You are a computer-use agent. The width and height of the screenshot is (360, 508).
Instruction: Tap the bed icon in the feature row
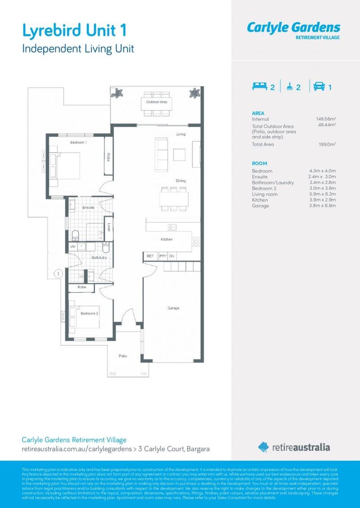(259, 87)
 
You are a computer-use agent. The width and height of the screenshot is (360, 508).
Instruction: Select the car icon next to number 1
(319, 87)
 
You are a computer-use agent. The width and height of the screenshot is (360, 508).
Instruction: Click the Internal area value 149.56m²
(326, 119)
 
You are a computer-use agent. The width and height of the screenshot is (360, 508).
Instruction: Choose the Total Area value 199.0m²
(327, 144)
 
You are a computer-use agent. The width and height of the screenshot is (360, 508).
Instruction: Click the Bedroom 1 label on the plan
(79, 142)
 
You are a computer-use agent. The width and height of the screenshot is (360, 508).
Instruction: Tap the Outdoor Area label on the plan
(156, 102)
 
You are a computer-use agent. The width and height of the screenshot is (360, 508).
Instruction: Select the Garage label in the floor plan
(173, 308)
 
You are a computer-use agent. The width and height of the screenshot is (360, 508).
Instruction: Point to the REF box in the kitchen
(150, 256)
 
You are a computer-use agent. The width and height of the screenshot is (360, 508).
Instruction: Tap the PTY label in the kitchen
(162, 256)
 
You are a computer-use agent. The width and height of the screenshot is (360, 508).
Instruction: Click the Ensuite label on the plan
(88, 207)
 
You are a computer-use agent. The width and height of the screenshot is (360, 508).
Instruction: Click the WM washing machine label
(73, 246)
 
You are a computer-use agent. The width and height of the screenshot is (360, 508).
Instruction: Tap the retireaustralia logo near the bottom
(294, 447)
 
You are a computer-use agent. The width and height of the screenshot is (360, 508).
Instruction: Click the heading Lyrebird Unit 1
(74, 31)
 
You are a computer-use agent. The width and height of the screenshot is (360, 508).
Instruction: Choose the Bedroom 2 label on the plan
(89, 313)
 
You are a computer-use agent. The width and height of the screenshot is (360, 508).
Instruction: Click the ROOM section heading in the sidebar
(259, 163)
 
